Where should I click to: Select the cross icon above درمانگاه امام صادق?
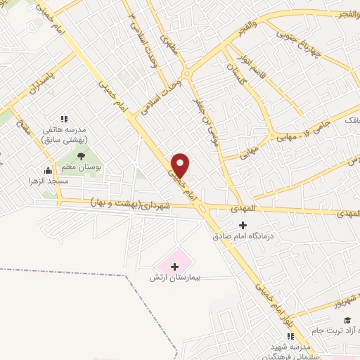243,226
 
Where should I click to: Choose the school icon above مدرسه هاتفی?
63,120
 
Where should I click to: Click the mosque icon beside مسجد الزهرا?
48,169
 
